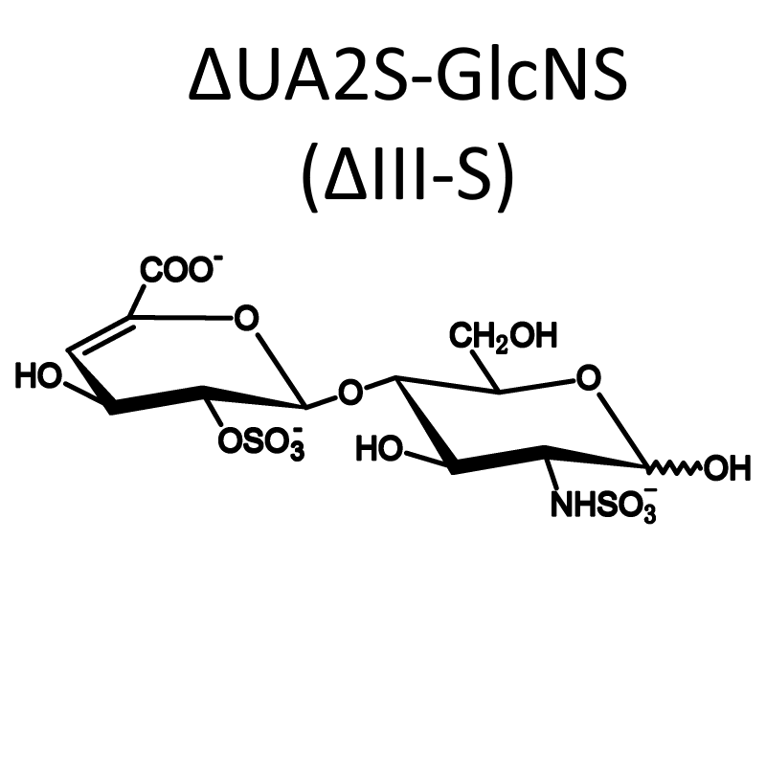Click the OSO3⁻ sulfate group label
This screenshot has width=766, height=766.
pyautogui.click(x=261, y=443)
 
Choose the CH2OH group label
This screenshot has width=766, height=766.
pyautogui.click(x=504, y=337)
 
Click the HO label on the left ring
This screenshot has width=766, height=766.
pyautogui.click(x=39, y=376)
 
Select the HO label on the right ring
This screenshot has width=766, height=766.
pyautogui.click(x=379, y=448)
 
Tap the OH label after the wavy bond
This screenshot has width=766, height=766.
pyautogui.click(x=727, y=468)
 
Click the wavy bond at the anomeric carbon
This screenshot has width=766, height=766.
pyautogui.click(x=675, y=468)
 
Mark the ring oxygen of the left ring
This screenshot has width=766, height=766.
pyautogui.click(x=246, y=318)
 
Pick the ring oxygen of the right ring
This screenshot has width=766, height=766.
pyautogui.click(x=588, y=378)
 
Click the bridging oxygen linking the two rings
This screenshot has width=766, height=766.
pyautogui.click(x=350, y=393)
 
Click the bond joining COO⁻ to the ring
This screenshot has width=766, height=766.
pyautogui.click(x=137, y=300)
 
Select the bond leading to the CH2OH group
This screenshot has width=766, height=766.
pyautogui.click(x=485, y=372)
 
